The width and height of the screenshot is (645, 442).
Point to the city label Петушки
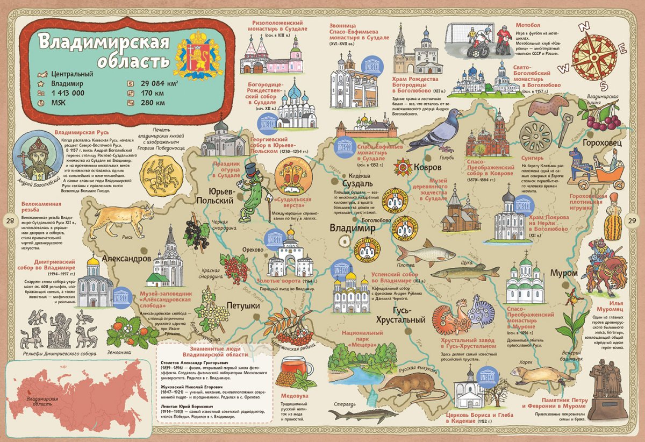[x=243, y=305]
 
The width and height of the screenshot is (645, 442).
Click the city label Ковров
[x=428, y=167]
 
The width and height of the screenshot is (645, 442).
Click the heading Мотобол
[x=528, y=25]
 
